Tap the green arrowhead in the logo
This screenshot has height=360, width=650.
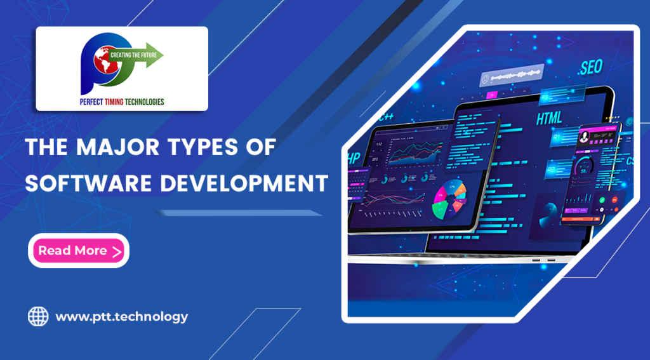coord(157,55)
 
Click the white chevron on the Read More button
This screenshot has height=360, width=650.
coord(116,251)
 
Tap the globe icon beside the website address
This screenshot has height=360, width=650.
coord(38,316)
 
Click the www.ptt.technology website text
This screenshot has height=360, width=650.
coord(121,316)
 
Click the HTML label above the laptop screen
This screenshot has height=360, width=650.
coord(550,119)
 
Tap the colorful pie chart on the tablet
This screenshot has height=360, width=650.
coord(449,199)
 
